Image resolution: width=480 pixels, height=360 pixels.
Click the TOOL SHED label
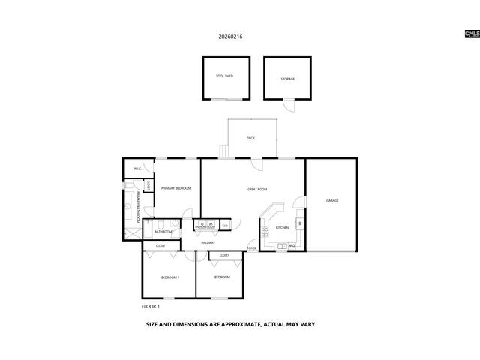coord(224,76)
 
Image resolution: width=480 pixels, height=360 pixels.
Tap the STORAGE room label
coord(288,79)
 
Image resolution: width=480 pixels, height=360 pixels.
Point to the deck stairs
coord(223,151)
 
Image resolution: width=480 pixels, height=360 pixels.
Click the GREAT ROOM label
coord(257,189)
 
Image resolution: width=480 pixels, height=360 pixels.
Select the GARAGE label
coord(332,200)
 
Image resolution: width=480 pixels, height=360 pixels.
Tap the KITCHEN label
coord(283,227)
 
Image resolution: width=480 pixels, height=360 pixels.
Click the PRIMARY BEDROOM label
coord(176,188)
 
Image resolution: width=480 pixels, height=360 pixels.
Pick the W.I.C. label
coord(137,169)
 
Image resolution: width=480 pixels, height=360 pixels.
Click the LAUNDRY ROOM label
coord(205,226)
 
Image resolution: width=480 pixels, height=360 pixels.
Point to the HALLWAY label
coord(208,242)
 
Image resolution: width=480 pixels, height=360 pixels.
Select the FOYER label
coord(252,247)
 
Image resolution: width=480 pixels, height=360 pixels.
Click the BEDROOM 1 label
coord(170,277)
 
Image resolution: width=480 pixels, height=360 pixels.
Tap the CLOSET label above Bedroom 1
coord(160,246)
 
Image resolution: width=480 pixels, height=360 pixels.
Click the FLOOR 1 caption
coord(151,306)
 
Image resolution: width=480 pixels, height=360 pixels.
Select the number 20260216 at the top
coord(230,36)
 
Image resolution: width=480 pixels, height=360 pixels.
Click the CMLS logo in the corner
coord(471,34)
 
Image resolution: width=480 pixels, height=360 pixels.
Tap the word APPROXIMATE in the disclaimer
coord(234,325)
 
